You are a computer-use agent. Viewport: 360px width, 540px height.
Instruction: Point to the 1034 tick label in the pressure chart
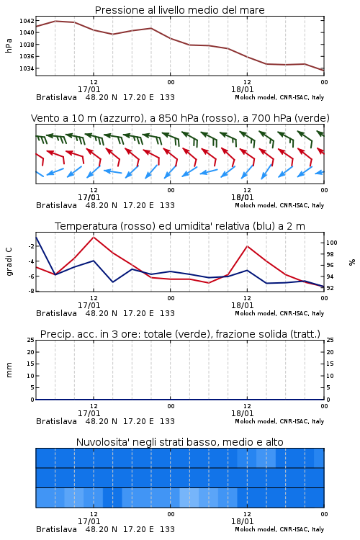(27, 68)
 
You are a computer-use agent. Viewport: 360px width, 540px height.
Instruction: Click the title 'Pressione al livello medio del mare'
(180, 10)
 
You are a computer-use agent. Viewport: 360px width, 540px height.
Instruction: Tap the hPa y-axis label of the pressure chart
(9, 46)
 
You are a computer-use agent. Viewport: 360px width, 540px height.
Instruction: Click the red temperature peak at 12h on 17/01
(94, 238)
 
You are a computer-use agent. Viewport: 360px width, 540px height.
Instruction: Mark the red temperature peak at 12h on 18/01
(247, 246)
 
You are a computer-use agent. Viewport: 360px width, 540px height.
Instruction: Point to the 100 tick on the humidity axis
(332, 243)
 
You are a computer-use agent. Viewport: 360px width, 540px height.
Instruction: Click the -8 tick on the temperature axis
(31, 291)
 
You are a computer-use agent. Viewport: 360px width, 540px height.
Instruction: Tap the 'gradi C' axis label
(9, 262)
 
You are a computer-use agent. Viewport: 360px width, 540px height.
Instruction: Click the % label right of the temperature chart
(352, 262)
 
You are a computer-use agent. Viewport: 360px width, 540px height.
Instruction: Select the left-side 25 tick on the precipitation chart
(31, 341)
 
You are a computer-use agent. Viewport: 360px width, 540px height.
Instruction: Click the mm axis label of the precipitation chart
(9, 370)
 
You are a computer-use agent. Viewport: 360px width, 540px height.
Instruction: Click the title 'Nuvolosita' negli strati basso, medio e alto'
(180, 442)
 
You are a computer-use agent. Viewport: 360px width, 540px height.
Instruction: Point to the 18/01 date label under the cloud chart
(243, 521)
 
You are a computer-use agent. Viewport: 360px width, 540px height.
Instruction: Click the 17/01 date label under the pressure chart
(89, 89)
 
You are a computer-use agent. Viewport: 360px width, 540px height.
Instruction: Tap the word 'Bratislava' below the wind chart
(56, 206)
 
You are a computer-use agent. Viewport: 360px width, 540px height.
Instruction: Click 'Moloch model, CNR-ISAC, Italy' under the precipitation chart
(279, 421)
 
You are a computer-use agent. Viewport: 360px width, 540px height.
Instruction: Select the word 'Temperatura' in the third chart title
(86, 227)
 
